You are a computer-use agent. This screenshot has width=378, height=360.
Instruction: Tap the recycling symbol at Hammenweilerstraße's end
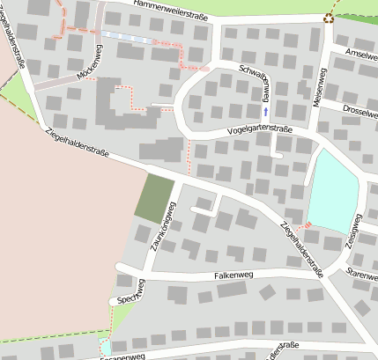point(329,16)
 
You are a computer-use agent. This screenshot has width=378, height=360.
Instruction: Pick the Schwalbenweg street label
point(256,83)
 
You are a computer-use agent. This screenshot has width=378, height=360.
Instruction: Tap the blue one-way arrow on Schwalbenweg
point(265,112)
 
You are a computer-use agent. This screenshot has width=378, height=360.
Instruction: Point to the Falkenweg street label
point(234,276)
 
